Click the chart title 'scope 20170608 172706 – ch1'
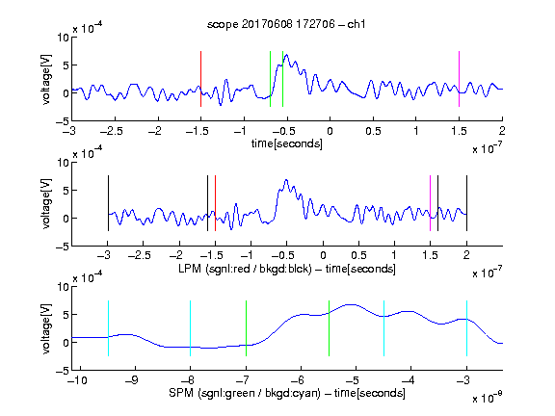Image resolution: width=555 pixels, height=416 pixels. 286,24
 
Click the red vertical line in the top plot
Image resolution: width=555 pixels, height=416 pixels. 200,79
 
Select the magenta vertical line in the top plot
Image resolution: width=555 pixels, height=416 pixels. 459,79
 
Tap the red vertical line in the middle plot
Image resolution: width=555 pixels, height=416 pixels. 215,203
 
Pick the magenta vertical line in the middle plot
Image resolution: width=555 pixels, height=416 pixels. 430,203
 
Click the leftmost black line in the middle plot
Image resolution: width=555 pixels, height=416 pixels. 108,203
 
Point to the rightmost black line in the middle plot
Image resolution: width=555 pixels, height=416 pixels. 466,203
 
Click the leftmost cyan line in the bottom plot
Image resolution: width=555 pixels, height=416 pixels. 108,328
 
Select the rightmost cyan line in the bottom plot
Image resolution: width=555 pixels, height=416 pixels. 466,328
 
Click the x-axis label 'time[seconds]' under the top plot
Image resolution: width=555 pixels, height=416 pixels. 287,143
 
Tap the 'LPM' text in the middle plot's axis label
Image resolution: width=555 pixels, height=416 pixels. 190,269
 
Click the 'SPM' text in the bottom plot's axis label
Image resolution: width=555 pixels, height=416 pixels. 181,393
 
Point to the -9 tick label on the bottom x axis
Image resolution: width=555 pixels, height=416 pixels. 132,380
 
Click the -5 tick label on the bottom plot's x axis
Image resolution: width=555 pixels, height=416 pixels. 353,380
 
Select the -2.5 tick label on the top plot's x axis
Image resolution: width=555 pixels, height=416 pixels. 112,131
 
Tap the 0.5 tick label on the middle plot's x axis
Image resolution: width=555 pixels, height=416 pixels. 358,255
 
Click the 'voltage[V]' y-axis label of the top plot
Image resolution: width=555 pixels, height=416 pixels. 46,79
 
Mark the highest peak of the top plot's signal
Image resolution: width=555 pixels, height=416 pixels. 286,55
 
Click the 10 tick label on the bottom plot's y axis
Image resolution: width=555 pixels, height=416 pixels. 63,287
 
